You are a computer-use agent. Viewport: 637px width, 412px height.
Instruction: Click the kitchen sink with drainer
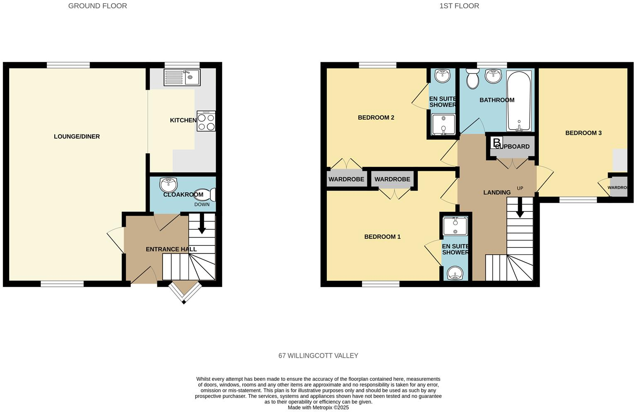point(182,77)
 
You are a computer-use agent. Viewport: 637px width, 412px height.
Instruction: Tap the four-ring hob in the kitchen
point(206,121)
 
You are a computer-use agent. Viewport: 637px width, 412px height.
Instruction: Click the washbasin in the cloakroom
point(168,184)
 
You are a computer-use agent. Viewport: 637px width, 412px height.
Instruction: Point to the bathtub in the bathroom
point(519,101)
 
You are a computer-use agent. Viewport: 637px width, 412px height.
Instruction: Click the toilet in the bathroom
point(472,78)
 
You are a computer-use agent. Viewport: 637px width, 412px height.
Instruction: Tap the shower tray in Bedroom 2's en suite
point(443,125)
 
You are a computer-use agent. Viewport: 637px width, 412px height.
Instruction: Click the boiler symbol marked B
point(496,142)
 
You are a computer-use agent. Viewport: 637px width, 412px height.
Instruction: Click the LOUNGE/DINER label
point(77,137)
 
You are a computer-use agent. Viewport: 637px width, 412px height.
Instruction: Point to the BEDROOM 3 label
point(583,133)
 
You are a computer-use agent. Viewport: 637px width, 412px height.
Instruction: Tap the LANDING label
point(496,192)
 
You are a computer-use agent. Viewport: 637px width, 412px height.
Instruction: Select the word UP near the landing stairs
point(520,189)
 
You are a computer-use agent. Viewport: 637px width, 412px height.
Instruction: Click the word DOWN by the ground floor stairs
point(202,204)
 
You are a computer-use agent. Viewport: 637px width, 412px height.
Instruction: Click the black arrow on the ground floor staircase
point(202,227)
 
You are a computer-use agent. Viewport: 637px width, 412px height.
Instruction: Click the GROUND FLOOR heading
point(97,6)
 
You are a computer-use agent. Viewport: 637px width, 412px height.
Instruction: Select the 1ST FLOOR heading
point(459,6)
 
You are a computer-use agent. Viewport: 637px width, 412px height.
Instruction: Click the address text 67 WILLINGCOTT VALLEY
point(318,356)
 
